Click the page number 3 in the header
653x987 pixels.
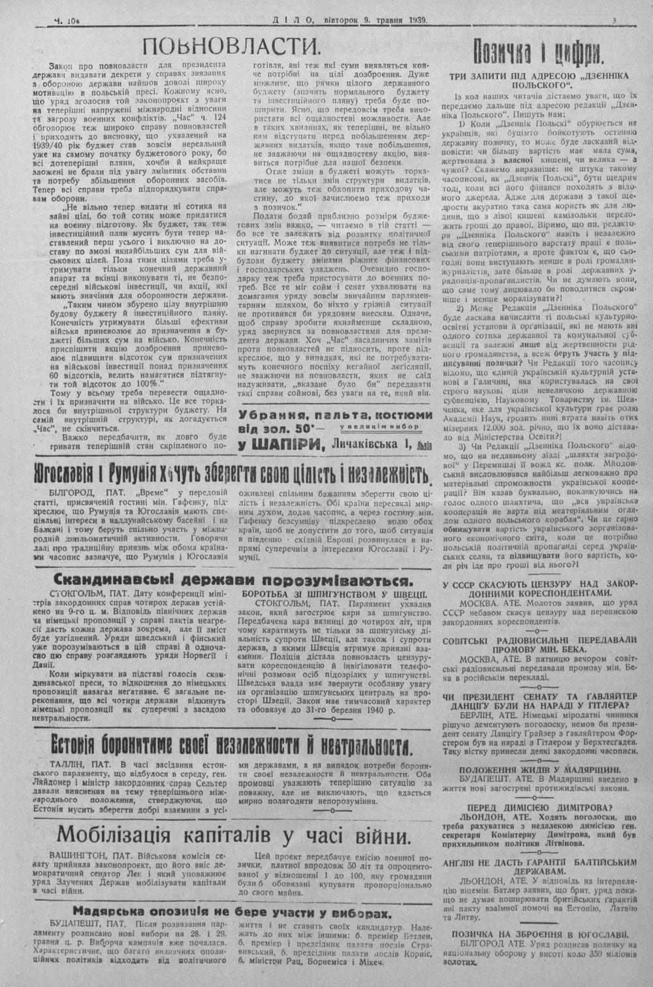coord(615,20)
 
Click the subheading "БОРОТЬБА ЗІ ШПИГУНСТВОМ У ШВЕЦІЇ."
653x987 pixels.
coord(334,595)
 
